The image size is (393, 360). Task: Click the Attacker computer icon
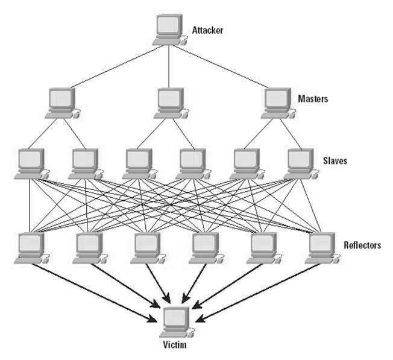click(169, 29)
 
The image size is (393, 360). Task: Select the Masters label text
click(313, 98)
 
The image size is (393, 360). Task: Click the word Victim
click(175, 346)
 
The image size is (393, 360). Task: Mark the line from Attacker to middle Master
click(169, 66)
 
